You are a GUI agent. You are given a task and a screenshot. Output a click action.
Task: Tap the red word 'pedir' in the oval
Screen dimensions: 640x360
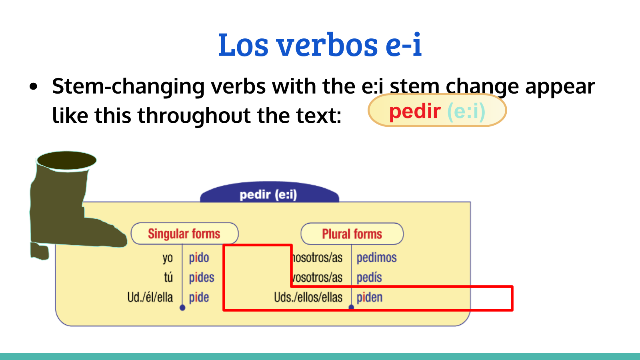coord(414,111)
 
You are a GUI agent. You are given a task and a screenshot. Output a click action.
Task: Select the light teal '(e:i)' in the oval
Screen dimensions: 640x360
coord(466,111)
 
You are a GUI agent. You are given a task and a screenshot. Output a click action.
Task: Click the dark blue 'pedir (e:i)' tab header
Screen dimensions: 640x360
coord(268,195)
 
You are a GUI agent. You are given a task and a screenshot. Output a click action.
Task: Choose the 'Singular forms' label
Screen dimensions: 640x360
coord(184,234)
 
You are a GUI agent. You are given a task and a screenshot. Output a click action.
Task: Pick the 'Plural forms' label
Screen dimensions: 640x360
coord(352,234)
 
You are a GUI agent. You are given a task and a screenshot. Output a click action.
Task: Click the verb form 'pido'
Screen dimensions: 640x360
coord(199,258)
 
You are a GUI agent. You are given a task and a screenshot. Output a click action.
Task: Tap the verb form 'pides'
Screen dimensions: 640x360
coord(202,278)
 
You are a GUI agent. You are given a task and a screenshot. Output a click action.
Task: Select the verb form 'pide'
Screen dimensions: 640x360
coord(199,298)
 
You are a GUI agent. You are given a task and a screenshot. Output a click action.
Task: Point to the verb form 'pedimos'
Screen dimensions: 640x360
coord(376,258)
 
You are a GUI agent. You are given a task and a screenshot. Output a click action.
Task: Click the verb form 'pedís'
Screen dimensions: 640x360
coord(369,278)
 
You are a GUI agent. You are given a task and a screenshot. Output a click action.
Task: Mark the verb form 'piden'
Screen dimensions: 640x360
coord(370,298)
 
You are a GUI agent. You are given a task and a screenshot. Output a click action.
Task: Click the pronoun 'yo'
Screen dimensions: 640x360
coord(168,258)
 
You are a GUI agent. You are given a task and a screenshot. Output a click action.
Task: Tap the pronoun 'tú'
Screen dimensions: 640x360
coord(168,277)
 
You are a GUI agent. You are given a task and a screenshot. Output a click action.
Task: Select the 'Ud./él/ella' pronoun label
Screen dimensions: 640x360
coord(150,298)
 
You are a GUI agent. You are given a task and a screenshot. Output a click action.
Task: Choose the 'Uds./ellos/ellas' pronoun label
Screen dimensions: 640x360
coord(308,298)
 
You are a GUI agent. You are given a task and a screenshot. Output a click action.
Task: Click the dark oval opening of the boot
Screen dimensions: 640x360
coord(66,160)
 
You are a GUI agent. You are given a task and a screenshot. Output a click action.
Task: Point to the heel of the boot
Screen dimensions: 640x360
coord(40,251)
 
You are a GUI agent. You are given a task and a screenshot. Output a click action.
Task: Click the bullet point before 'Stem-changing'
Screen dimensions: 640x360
coord(34,86)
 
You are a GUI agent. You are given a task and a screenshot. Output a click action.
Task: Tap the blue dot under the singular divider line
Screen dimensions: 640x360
coord(182,308)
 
